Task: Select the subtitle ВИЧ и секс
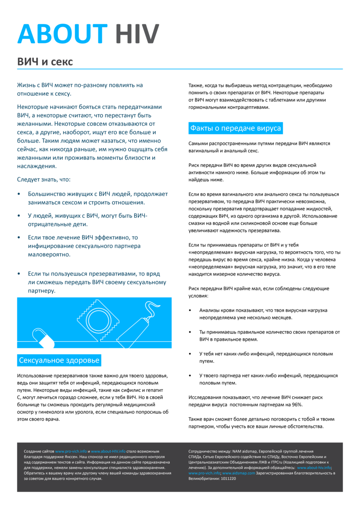tap(45, 62)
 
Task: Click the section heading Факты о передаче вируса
tap(236, 128)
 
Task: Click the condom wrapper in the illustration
tap(98, 320)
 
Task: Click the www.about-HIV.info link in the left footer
tap(108, 452)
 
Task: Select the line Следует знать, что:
tap(44, 179)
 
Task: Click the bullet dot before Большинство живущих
tap(19, 194)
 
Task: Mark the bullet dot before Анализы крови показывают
tap(190, 310)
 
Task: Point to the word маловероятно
tap(49, 254)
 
